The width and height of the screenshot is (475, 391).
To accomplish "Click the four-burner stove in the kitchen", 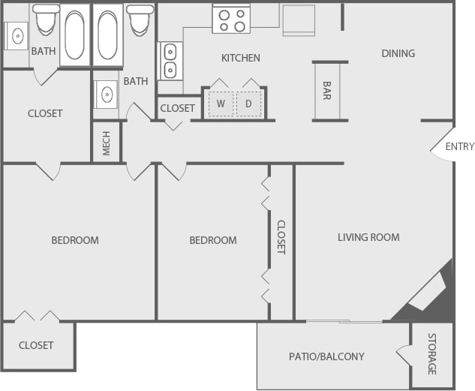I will coord(230,20).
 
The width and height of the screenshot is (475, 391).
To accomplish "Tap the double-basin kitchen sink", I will coord(170,61).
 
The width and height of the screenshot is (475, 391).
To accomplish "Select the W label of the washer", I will coord(221,104).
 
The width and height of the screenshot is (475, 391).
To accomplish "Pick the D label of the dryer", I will coord(249,104).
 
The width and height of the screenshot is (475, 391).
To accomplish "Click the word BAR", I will coord(328,91).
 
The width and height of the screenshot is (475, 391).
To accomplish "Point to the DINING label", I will coord(398,53).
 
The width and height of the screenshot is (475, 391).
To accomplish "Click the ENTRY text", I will coord(459,146).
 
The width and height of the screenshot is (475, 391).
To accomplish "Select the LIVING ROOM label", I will coord(368,237).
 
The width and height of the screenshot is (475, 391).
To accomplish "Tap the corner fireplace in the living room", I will coord(428,291).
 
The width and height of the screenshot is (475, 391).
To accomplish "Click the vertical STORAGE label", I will coord(432,354).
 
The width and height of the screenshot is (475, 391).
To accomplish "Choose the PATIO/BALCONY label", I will coord(326,356).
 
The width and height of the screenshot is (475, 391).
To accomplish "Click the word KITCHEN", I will coord(240,58).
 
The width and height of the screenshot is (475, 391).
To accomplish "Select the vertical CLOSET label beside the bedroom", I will coord(281,237).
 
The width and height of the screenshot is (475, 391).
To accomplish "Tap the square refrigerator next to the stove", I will coord(299,21).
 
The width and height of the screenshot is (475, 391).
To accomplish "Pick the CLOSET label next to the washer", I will coord(178,108).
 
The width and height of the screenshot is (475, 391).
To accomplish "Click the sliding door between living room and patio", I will coord(345,322).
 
